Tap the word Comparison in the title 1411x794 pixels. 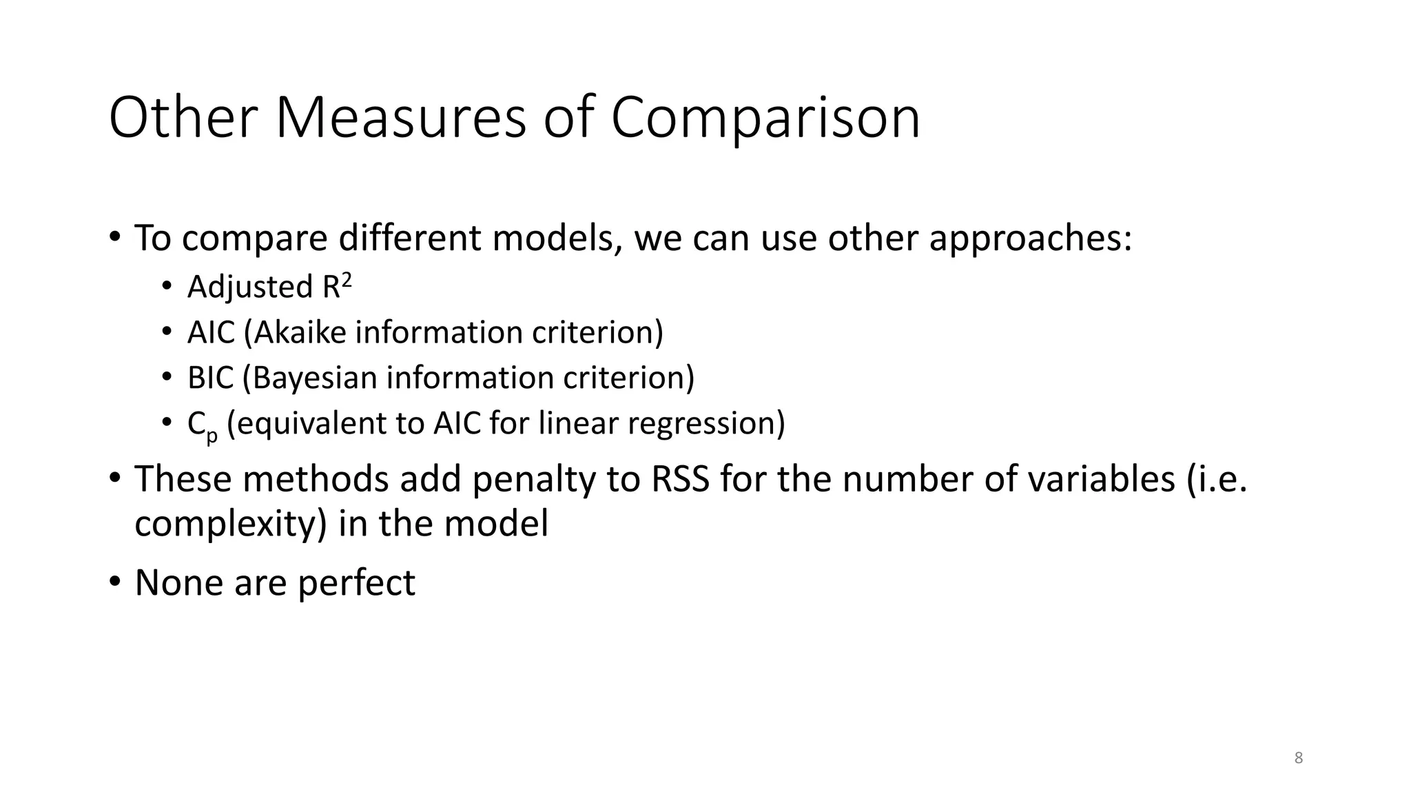[x=765, y=118]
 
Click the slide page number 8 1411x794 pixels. [x=1298, y=758]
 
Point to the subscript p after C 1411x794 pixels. [x=212, y=435]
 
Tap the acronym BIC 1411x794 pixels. [x=210, y=378]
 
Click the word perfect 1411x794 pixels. [x=356, y=583]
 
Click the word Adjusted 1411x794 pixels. [x=250, y=287]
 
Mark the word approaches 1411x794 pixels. [x=1030, y=238]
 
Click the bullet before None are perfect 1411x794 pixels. [x=115, y=581]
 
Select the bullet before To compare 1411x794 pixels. [x=115, y=237]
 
